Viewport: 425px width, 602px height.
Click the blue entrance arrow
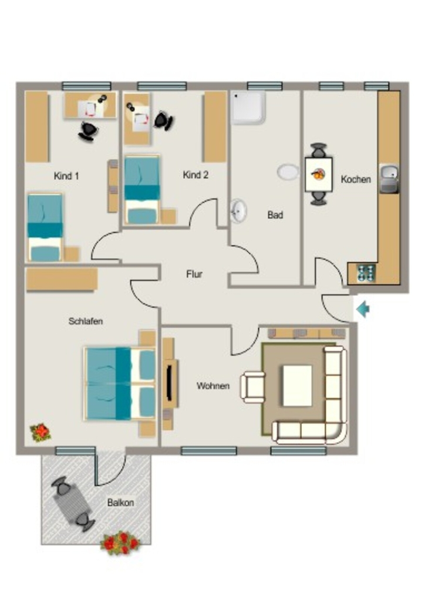click(363, 309)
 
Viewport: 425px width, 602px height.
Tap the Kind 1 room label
click(66, 176)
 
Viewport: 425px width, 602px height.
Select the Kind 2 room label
click(195, 175)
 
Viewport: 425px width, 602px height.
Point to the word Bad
click(275, 215)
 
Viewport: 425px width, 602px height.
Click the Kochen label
click(356, 179)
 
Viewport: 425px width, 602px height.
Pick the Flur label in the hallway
click(194, 274)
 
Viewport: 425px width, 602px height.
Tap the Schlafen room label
click(86, 321)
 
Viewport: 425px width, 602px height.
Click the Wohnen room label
click(213, 386)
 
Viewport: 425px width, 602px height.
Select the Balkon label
click(120, 503)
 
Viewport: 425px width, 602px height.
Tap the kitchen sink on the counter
click(389, 179)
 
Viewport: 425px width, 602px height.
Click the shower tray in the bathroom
click(248, 107)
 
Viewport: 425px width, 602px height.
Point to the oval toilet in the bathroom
click(288, 172)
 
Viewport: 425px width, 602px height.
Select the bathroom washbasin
click(238, 211)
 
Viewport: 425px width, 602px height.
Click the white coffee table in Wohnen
click(298, 386)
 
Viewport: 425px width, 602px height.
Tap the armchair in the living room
click(252, 387)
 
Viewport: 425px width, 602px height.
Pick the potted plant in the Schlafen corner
click(41, 432)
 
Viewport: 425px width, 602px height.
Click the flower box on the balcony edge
click(120, 543)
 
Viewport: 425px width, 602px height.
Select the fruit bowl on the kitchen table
click(318, 174)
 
